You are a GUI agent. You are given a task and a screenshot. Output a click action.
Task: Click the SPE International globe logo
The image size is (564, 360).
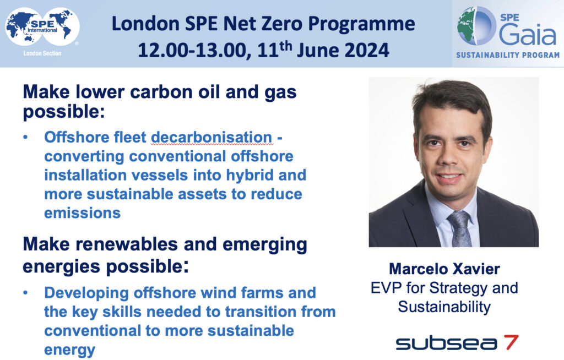click(x=42, y=28)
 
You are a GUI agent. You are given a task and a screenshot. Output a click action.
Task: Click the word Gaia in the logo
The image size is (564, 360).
click(x=528, y=35)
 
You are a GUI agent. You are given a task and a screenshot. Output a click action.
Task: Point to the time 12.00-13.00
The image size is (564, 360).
click(x=194, y=50)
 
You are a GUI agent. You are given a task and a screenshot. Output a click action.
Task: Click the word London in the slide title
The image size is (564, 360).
click(x=145, y=24)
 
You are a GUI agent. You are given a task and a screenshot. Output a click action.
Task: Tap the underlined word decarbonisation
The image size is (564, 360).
click(x=211, y=138)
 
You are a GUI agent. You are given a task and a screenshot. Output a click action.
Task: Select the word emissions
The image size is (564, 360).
click(x=83, y=213)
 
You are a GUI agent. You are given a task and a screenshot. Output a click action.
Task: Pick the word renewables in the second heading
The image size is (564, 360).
click(x=127, y=244)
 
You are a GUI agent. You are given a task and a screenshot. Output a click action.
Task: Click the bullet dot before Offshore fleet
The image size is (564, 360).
click(x=25, y=138)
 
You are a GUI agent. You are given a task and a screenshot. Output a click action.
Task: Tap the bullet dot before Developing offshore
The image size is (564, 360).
click(x=25, y=293)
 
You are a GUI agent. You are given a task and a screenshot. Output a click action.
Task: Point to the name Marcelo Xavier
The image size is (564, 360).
click(x=444, y=269)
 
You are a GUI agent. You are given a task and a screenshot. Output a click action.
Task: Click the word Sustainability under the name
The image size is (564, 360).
click(x=444, y=307)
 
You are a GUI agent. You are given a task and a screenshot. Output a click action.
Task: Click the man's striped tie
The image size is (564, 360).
click(x=460, y=228)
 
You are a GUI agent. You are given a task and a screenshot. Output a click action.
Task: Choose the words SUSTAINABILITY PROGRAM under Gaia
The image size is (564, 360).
click(x=508, y=56)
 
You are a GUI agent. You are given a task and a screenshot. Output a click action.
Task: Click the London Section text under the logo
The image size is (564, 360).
click(x=42, y=53)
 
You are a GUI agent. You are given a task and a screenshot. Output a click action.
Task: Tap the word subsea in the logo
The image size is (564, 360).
click(x=447, y=343)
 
